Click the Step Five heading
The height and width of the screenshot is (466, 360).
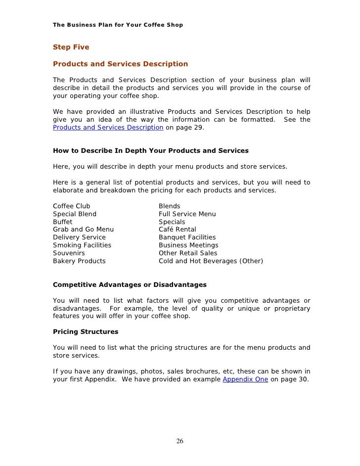(x=71, y=48)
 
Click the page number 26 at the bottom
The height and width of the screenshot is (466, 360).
(x=180, y=441)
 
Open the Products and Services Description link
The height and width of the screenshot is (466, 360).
(x=108, y=127)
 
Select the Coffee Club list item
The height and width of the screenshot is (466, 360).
(x=71, y=206)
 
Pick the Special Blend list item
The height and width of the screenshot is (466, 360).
(x=75, y=214)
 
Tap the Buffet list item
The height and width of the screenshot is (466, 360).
(x=62, y=222)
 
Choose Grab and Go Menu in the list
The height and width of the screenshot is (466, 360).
(x=83, y=230)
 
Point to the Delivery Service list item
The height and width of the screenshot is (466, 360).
(x=79, y=237)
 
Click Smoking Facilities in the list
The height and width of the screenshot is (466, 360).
(x=82, y=245)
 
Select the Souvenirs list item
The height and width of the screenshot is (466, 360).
(x=69, y=253)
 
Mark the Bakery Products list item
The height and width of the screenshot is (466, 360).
(x=79, y=261)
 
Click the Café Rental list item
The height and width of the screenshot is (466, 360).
(x=177, y=230)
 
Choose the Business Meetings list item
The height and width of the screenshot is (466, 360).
(x=188, y=245)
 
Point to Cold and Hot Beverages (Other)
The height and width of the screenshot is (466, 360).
(x=211, y=261)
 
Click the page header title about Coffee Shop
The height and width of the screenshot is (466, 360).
(x=118, y=25)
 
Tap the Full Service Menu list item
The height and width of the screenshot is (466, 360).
(x=187, y=214)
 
